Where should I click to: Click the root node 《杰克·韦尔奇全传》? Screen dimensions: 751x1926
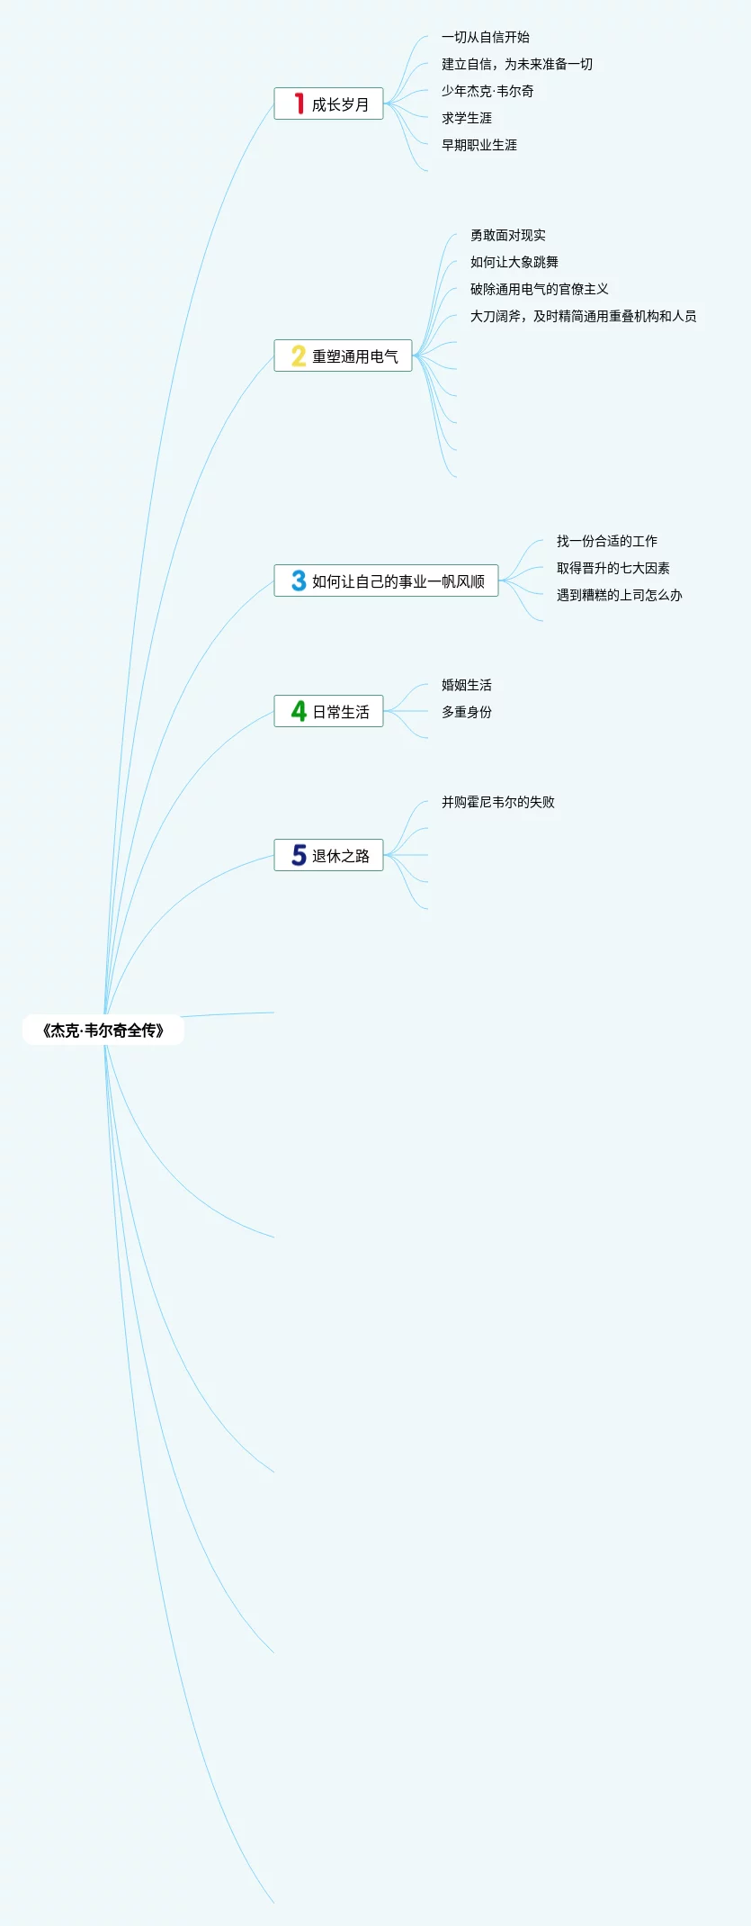(103, 1030)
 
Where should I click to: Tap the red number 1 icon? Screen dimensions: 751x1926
(299, 103)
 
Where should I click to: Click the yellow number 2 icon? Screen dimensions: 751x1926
(299, 355)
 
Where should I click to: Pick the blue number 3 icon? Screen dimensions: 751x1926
(299, 580)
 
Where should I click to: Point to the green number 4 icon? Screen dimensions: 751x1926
(299, 711)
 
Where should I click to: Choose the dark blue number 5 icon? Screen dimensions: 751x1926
(299, 855)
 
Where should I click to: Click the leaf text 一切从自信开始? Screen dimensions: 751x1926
(486, 37)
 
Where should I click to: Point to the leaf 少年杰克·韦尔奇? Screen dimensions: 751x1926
(487, 91)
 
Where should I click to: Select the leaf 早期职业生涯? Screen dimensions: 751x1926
(479, 145)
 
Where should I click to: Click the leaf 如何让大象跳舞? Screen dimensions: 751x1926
(514, 262)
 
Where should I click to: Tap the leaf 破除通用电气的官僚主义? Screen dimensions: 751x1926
(540, 289)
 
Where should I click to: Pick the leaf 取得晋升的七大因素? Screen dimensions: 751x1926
(613, 568)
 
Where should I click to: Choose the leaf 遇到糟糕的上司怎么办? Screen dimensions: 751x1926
(620, 595)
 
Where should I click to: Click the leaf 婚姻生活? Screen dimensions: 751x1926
(467, 685)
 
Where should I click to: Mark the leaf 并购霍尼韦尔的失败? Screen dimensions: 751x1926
(498, 802)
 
